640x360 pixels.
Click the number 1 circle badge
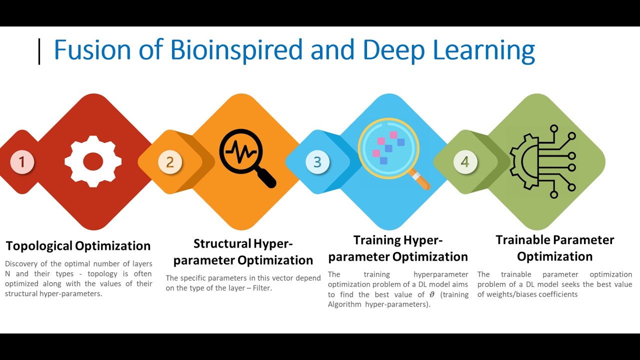point(22,162)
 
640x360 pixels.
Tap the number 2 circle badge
point(170,162)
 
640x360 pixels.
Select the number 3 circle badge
point(317,162)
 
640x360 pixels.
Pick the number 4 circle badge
point(465,162)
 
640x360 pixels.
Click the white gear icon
point(93,161)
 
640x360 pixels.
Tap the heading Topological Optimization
point(78,246)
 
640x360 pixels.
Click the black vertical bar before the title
point(39,52)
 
